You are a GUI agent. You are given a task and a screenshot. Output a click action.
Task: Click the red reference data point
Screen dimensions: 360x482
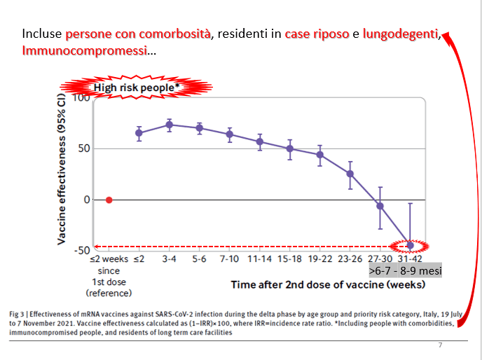[x=109, y=200]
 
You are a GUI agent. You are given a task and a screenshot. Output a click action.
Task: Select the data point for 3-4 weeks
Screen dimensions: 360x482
[x=169, y=125]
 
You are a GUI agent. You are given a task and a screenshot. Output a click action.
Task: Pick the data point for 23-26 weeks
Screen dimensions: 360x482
[x=350, y=173]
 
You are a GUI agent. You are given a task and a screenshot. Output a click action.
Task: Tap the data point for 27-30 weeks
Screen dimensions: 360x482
[x=380, y=206]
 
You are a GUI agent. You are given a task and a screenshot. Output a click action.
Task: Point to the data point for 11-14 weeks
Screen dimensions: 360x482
[x=259, y=141]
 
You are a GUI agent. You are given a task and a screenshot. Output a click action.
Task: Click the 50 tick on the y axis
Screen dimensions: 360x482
[x=83, y=148]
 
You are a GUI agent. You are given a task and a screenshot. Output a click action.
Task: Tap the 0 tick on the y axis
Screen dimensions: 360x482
[x=87, y=200]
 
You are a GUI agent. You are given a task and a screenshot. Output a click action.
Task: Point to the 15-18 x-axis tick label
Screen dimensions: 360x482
[x=289, y=258]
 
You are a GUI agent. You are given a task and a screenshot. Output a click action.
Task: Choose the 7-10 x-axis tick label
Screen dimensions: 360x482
[x=229, y=258]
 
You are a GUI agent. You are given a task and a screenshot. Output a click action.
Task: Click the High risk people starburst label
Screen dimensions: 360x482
[x=137, y=88]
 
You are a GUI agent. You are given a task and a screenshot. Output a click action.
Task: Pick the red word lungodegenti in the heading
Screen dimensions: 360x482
[x=401, y=34]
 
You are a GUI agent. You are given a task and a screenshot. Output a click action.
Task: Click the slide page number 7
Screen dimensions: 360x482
[x=440, y=345]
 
